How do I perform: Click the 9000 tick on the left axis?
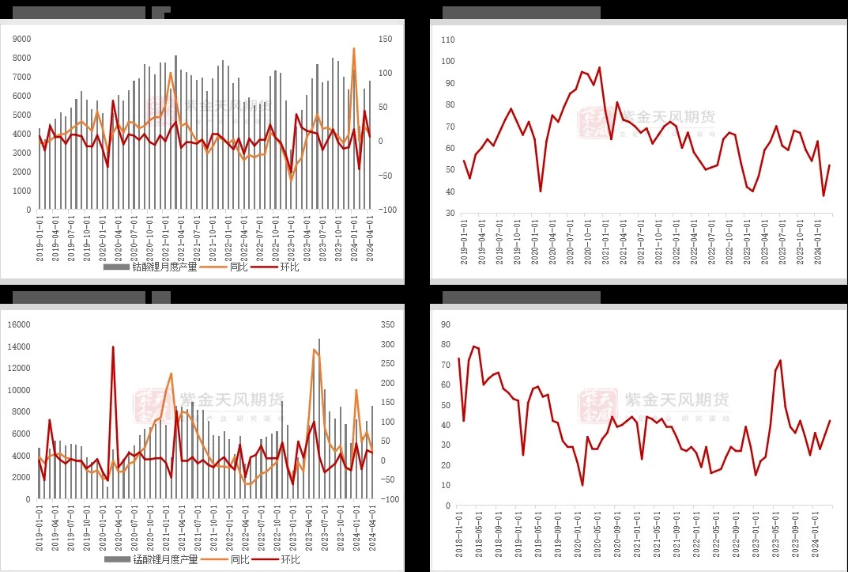(x=22, y=39)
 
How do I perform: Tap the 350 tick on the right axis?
(x=386, y=324)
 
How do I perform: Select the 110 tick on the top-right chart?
(x=449, y=40)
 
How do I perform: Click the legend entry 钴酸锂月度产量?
(x=157, y=267)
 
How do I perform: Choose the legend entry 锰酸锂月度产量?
(x=157, y=560)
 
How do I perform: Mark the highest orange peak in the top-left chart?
(x=353, y=48)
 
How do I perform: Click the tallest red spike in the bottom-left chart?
(x=113, y=347)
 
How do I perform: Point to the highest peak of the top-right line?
(x=599, y=67)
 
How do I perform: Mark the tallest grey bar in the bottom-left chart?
(x=319, y=339)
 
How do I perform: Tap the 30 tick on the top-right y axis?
(x=449, y=214)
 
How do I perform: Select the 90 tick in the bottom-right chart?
(x=446, y=324)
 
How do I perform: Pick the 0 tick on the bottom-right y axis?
(x=448, y=506)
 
